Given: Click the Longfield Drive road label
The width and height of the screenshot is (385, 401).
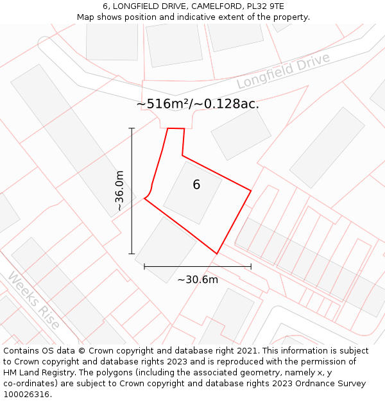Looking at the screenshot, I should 283,71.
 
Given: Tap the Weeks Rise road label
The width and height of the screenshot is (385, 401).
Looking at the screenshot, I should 34,300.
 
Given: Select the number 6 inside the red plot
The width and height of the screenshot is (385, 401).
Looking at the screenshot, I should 196,185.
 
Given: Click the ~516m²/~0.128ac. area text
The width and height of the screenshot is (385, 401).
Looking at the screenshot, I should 198,103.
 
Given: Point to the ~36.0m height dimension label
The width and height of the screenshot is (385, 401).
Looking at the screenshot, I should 119,191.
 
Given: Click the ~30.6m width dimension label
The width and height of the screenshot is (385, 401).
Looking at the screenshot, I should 198,279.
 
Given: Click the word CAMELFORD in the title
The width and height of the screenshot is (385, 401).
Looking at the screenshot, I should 214,6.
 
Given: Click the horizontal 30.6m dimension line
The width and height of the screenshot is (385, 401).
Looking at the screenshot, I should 198,266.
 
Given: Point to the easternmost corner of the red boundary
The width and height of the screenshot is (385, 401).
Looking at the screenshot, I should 251,191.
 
